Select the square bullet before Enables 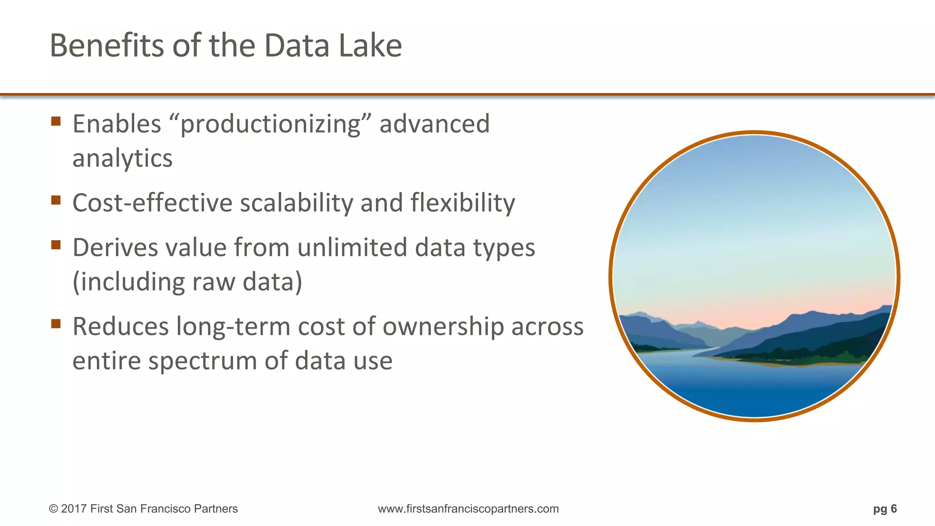[x=56, y=121]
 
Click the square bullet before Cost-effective [x=56, y=200]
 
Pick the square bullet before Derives [x=56, y=245]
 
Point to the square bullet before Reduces [x=56, y=324]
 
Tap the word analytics [x=122, y=158]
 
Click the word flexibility [x=462, y=203]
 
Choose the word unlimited [x=352, y=247]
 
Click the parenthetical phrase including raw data [x=187, y=282]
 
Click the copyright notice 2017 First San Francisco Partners [x=143, y=509]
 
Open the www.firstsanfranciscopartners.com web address [x=468, y=509]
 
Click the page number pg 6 [x=885, y=509]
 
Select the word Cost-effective [x=152, y=203]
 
